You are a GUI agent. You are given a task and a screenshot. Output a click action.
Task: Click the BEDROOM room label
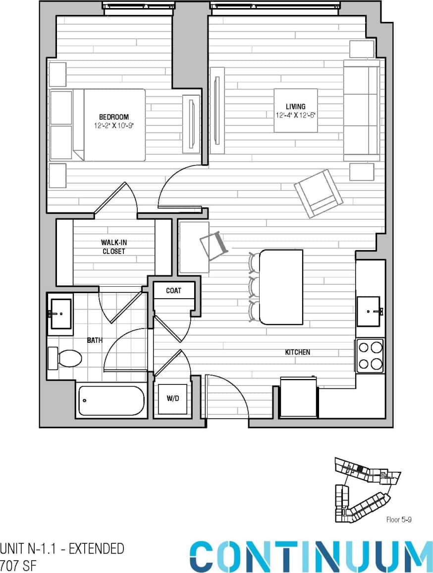pos(114,117)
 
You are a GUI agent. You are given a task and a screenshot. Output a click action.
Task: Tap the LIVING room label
pos(295,107)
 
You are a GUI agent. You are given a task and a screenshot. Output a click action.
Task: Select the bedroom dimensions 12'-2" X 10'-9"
pos(114,126)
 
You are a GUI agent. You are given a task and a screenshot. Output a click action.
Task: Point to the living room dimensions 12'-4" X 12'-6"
pos(296,115)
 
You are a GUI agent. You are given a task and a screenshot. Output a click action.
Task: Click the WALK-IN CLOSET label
pos(113,247)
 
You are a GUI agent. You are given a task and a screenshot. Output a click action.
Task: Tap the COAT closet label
pos(173,291)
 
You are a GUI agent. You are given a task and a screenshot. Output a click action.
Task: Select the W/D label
pos(172,398)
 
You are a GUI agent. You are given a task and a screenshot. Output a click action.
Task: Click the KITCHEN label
pos(297,352)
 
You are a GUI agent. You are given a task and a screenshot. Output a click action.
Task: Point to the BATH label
pos(95,340)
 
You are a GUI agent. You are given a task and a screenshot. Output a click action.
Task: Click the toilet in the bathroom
pos(65,358)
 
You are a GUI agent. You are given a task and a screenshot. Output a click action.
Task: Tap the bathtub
pos(111,400)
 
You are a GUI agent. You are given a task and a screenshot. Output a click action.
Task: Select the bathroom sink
pos(60,314)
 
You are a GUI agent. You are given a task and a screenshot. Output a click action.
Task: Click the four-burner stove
pos(370,356)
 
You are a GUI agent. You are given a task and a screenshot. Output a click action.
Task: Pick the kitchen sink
pos(369,312)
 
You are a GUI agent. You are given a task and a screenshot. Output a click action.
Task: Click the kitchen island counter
pos(281,287)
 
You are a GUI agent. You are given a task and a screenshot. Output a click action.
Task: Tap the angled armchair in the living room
pos(318,193)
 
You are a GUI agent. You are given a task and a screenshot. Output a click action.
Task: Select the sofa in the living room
pos(361,111)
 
